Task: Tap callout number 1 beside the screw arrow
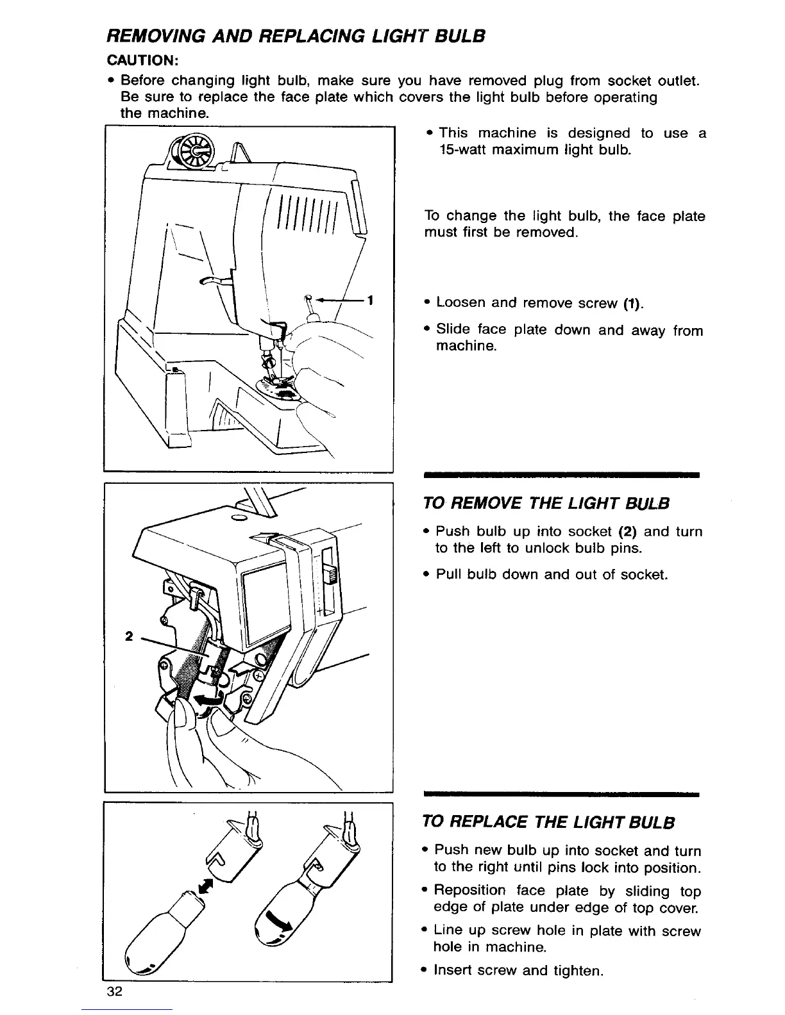point(371,300)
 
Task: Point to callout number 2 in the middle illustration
point(129,636)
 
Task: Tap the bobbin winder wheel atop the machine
point(193,151)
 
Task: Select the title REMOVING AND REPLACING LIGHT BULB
point(294,36)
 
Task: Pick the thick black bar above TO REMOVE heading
point(561,475)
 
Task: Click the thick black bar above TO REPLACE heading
point(561,795)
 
